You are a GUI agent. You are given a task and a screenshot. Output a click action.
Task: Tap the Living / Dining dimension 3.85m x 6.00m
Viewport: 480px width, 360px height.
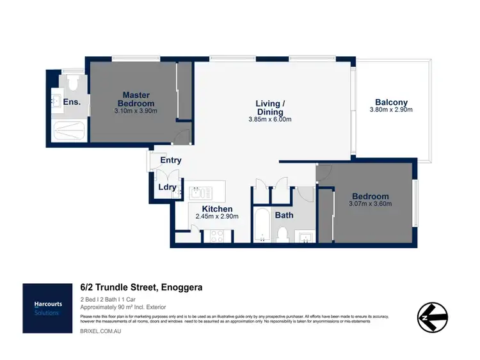pyautogui.click(x=269, y=120)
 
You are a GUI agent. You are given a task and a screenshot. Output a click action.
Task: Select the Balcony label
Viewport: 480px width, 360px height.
pyautogui.click(x=391, y=102)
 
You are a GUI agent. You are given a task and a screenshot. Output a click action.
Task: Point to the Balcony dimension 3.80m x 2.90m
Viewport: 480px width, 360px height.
pyautogui.click(x=391, y=110)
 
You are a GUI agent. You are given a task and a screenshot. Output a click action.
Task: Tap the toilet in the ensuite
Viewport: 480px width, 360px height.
pyautogui.click(x=72, y=82)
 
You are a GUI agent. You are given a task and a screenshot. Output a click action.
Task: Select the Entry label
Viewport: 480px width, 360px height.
pyautogui.click(x=170, y=160)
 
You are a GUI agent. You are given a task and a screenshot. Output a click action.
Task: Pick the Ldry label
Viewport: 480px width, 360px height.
pyautogui.click(x=168, y=187)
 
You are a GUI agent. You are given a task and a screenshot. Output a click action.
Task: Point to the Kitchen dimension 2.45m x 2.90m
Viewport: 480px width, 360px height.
pyautogui.click(x=217, y=217)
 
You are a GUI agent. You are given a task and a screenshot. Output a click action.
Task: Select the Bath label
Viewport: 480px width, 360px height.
pyautogui.click(x=284, y=215)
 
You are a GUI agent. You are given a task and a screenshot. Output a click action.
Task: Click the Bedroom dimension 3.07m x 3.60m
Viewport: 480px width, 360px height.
pyautogui.click(x=371, y=204)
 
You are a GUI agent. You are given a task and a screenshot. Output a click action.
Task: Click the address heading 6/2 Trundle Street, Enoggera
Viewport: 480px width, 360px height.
pyautogui.click(x=141, y=288)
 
